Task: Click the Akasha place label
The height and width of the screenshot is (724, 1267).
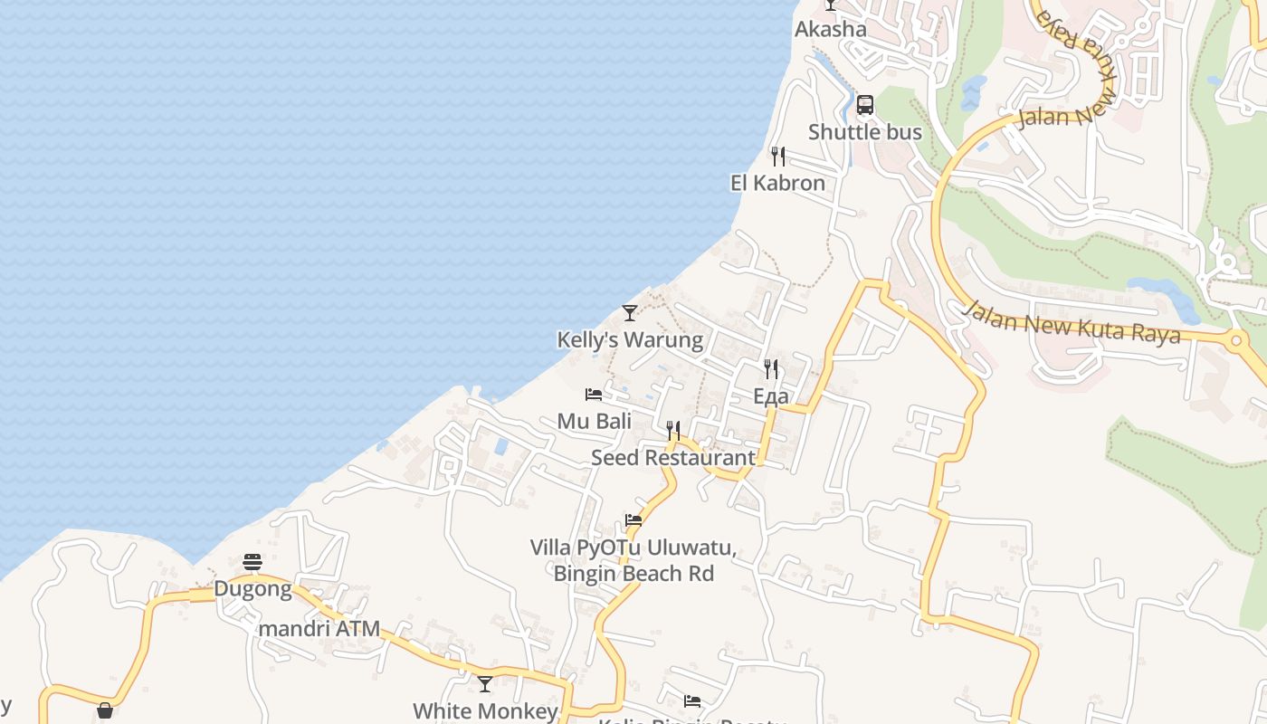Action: pos(830,29)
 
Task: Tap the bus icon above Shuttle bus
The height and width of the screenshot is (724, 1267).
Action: pos(865,105)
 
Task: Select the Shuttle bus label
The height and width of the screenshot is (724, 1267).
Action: pos(864,132)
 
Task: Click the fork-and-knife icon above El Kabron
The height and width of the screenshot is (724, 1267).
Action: pos(777,157)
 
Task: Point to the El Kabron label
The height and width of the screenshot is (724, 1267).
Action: pos(777,183)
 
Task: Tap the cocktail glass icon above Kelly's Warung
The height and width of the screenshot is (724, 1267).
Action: pos(630,313)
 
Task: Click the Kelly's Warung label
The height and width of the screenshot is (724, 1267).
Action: pos(630,340)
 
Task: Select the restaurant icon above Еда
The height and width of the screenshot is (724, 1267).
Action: pos(771,369)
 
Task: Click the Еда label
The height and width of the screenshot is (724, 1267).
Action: pos(771,396)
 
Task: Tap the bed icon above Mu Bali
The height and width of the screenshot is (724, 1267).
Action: pos(594,395)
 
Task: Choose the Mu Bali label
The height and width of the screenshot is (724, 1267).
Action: pos(594,421)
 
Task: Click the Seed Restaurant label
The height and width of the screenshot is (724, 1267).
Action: pos(672,458)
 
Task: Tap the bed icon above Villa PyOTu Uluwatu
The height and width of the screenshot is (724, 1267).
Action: pos(633,520)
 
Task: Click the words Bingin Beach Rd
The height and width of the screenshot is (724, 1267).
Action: pos(633,574)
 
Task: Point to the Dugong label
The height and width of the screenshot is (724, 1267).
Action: pos(252,590)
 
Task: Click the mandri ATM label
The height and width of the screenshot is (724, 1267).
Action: pos(319,629)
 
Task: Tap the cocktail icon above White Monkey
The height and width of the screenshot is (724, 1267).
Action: pos(485,684)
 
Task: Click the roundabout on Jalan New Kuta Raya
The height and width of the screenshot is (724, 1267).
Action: pos(1236,341)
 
